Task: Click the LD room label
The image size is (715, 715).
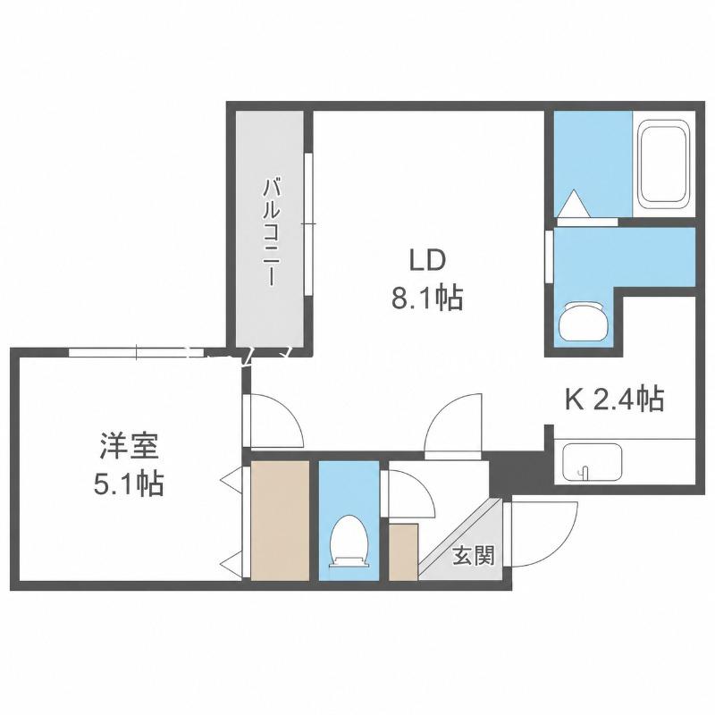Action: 427,261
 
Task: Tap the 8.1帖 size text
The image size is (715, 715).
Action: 427,299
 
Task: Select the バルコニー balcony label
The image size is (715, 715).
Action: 270,232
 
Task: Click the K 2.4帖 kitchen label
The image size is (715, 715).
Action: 614,399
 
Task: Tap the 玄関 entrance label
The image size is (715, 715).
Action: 474,556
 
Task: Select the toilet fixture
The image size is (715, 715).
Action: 349,541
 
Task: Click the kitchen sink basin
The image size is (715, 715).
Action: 593,462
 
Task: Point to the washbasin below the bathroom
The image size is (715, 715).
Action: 583,322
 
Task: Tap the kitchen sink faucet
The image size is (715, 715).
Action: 585,472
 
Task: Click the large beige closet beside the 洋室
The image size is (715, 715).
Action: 281,520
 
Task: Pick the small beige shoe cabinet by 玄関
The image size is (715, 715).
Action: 404,552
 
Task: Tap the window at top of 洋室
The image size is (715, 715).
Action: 137,352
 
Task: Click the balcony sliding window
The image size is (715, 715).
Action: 308,224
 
